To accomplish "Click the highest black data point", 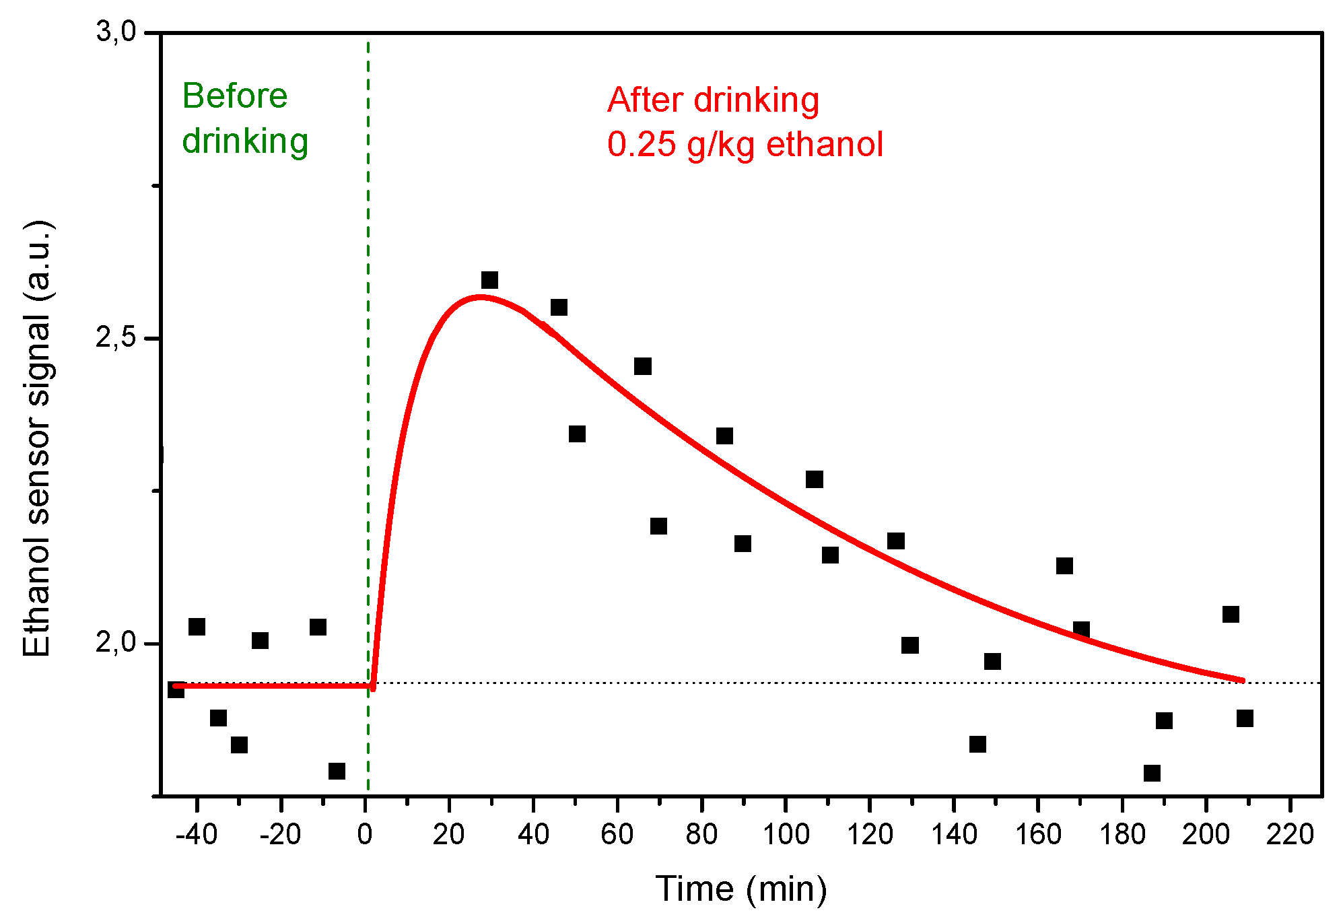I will click(489, 280).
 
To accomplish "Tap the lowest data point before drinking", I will click(337, 771).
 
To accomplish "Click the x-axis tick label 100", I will click(786, 835).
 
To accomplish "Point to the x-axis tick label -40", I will click(196, 835).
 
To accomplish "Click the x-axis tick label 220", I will click(1290, 835).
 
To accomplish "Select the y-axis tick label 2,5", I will click(116, 338).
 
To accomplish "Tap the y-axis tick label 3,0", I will click(116, 32).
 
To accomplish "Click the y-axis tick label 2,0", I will click(116, 643).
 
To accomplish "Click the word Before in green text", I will click(234, 96).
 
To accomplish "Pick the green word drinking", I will click(245, 141).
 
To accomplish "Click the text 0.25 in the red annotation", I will click(641, 144).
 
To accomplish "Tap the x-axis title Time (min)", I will click(741, 889).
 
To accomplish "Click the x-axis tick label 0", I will click(365, 835).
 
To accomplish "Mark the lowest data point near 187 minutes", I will click(1152, 773).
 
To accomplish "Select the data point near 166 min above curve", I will click(1064, 566).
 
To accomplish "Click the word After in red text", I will click(644, 100).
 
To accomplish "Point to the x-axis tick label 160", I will click(1037, 835).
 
